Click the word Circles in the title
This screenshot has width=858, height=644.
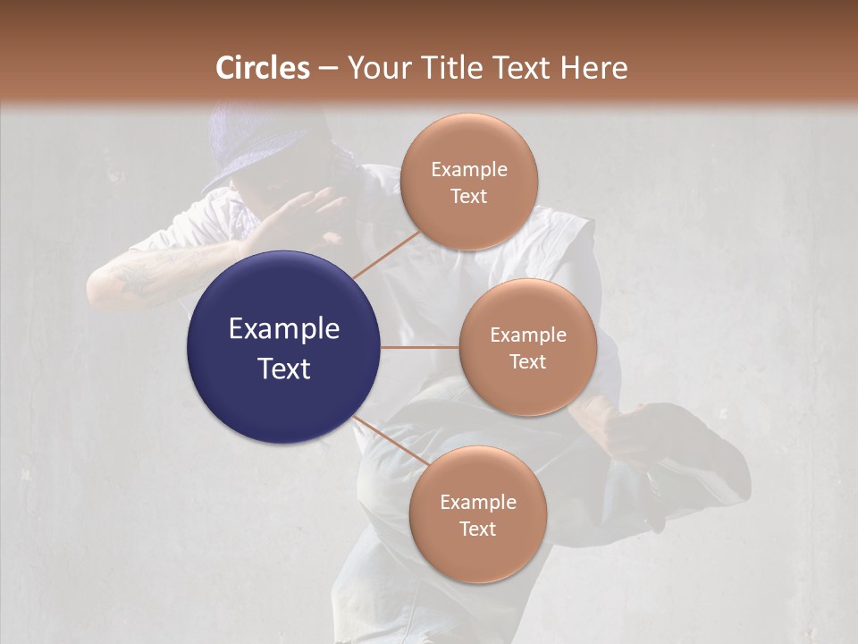click(x=263, y=68)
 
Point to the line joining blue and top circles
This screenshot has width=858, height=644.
click(x=386, y=255)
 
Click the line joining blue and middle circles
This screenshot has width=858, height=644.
click(x=420, y=347)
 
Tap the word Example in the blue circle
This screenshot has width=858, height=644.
click(x=284, y=329)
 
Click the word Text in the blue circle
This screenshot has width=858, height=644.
click(x=284, y=369)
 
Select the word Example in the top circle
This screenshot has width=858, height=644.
click(x=469, y=169)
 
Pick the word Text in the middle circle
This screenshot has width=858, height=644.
click(x=527, y=361)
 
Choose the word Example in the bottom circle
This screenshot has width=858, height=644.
click(x=477, y=502)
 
